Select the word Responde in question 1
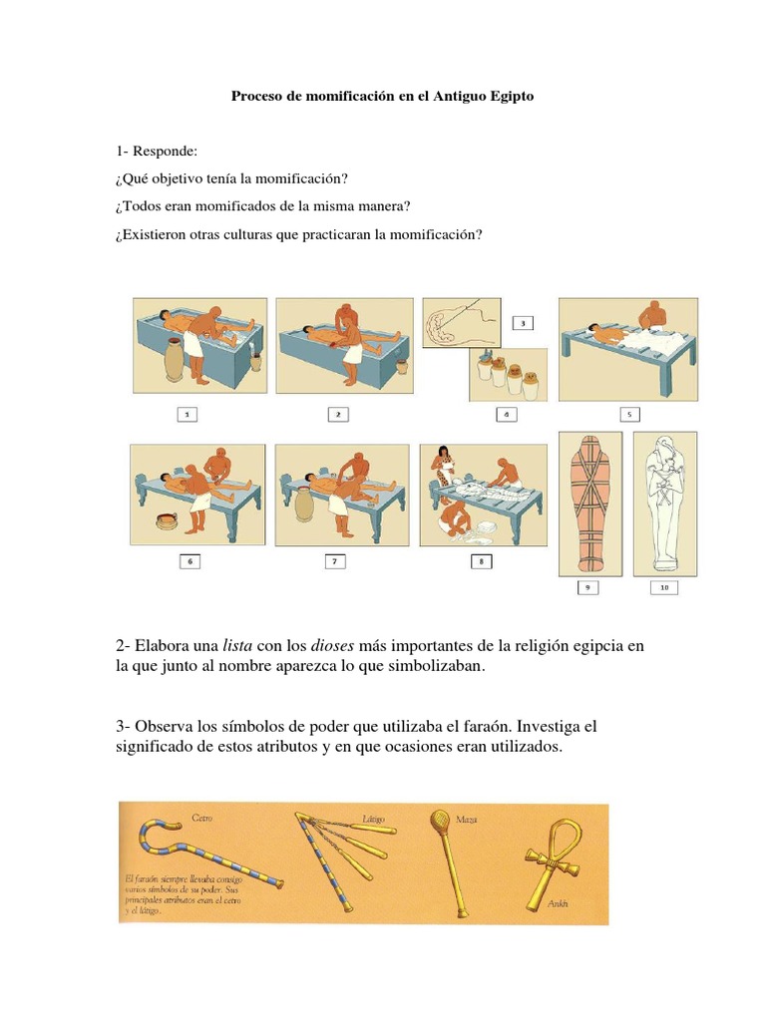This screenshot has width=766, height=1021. (171, 151)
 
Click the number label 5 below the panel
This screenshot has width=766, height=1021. (628, 413)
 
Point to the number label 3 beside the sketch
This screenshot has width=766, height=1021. (524, 323)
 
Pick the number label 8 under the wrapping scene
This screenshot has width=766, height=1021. (482, 561)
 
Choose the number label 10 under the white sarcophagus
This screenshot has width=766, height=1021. (665, 587)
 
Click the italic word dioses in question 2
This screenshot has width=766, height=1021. (333, 646)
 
